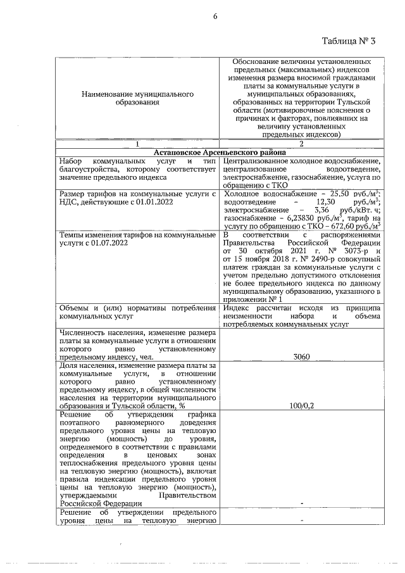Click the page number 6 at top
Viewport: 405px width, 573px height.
[x=215, y=16]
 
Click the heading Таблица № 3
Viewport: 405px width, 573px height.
[x=349, y=42]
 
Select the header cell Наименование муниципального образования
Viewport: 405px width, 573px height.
[x=137, y=98]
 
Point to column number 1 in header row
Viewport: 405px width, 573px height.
[x=137, y=144]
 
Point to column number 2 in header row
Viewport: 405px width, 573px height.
[x=301, y=144]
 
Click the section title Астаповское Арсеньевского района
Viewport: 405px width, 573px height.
[x=220, y=153]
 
